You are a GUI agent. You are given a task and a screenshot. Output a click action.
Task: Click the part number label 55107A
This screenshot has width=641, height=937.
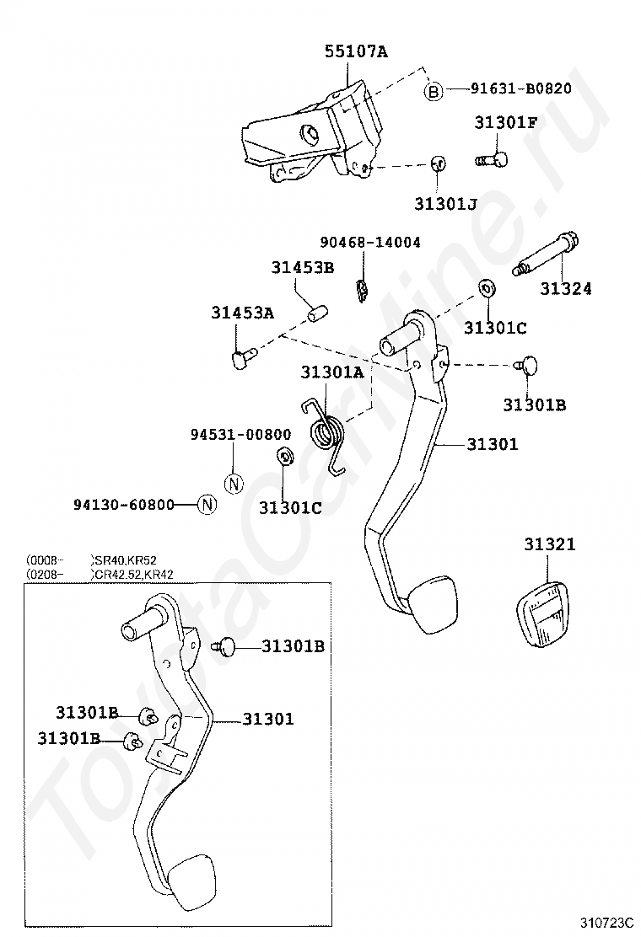point(356,51)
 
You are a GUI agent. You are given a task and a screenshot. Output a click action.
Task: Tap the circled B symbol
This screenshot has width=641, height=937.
point(434,92)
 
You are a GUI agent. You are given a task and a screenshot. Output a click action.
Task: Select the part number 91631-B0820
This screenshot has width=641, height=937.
point(521,88)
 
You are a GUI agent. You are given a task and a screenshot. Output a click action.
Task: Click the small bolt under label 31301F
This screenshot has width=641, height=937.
point(492,159)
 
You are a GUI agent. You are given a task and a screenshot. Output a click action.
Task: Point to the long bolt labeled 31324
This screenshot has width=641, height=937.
point(546,254)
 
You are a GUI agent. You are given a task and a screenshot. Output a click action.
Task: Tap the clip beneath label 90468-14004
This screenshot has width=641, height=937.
point(361,290)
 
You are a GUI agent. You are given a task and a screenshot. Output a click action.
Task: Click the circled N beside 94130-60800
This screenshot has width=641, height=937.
point(207,505)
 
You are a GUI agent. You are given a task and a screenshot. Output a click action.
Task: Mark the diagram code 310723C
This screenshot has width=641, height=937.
point(605,920)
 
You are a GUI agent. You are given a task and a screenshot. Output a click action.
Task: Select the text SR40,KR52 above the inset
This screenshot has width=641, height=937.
point(126,560)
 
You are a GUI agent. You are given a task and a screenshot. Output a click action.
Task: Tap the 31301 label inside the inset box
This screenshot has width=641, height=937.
point(268,718)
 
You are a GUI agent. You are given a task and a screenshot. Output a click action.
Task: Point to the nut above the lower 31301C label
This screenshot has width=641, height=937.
point(284,455)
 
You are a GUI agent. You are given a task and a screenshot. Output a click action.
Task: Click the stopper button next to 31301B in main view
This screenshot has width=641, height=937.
point(527,365)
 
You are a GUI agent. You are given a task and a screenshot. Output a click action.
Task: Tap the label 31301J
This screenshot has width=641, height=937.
point(445,204)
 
